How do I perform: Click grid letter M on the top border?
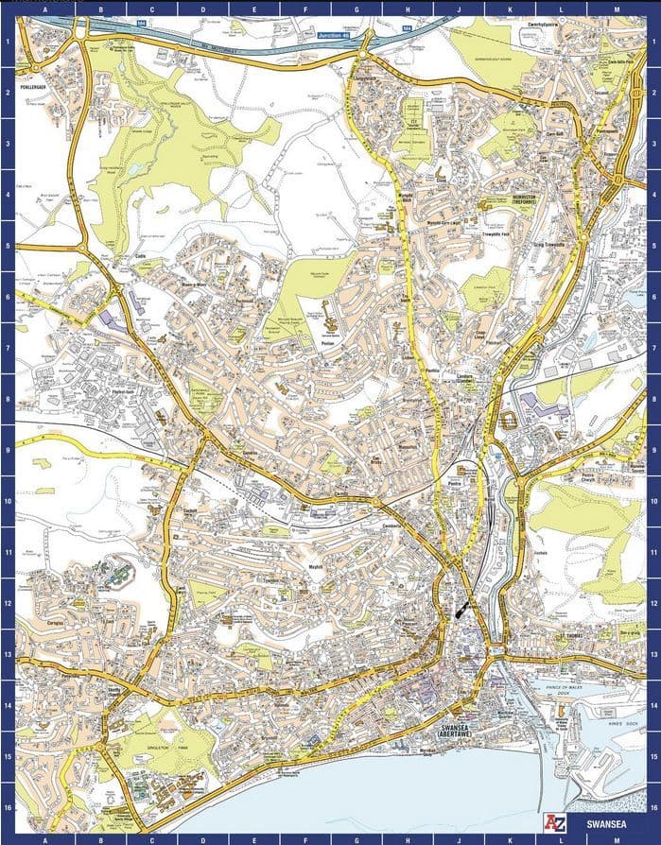617,7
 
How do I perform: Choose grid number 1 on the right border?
653,43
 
